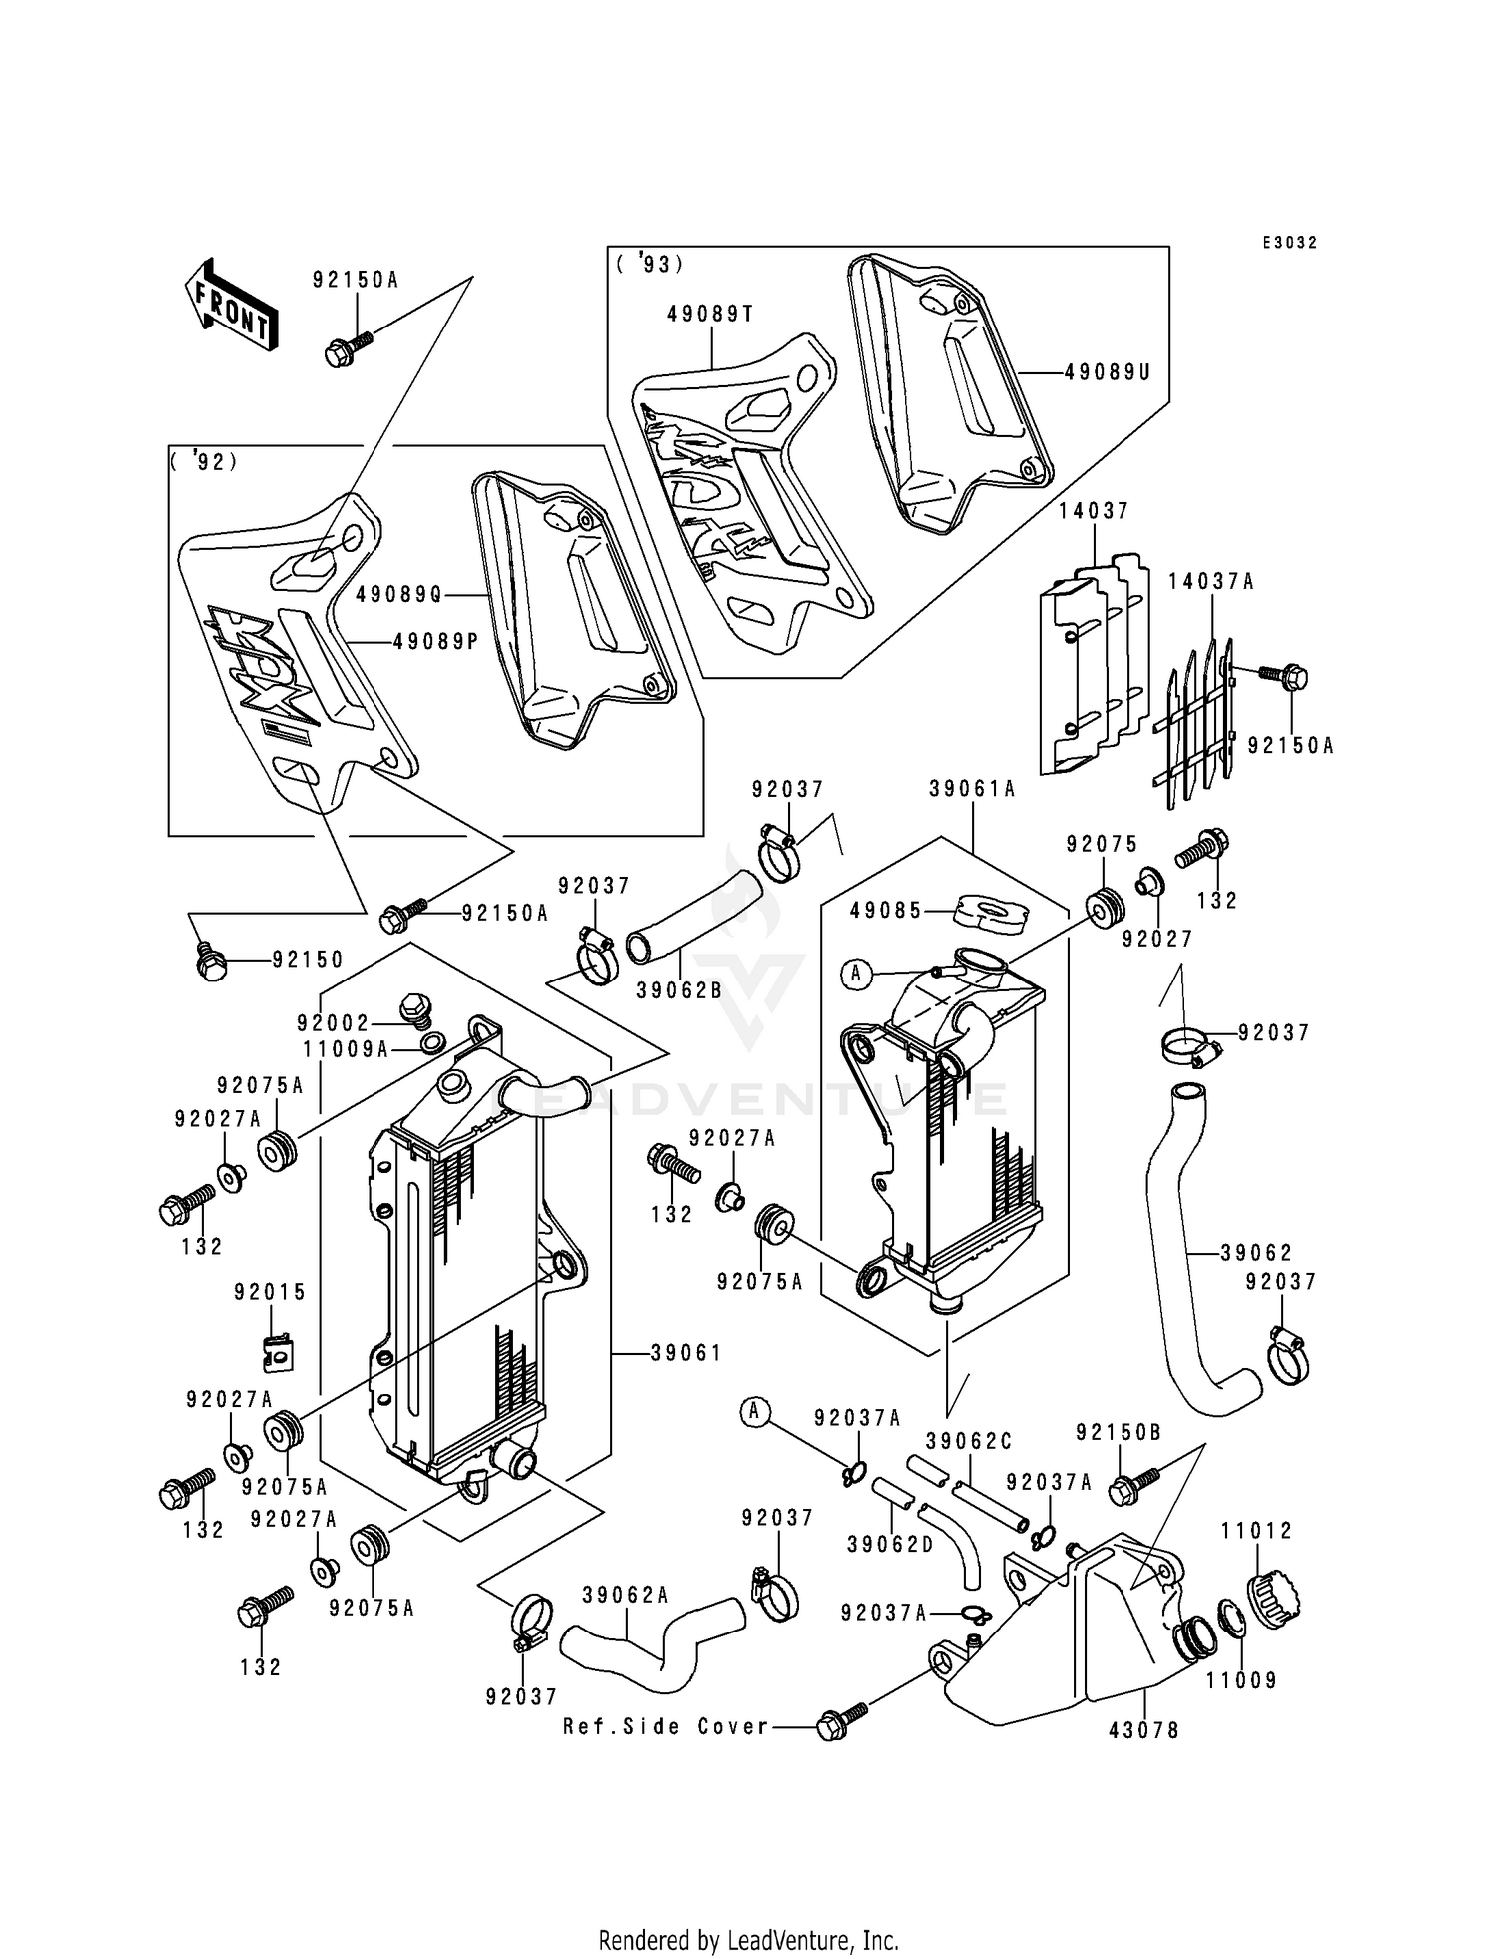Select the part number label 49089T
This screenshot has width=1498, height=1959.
pos(710,314)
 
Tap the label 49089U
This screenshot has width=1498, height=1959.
pos(1108,372)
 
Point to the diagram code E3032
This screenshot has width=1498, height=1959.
pos(1288,243)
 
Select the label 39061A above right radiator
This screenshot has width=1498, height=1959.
pos(972,789)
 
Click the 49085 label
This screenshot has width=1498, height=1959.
pos(886,911)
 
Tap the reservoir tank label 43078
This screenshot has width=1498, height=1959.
pos(1143,1730)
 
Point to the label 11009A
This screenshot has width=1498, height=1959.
pos(346,1049)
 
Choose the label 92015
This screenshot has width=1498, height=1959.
pos(270,1292)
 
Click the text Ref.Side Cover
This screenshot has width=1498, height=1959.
pos(666,1726)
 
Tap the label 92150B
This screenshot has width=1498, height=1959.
pos(1119,1433)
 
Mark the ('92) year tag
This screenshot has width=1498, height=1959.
pos(204,462)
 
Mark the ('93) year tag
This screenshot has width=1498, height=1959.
pos(649,264)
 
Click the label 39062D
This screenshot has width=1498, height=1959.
pos(890,1545)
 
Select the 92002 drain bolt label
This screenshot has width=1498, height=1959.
pos(333,1023)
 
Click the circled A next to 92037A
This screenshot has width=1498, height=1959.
pos(755,1411)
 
